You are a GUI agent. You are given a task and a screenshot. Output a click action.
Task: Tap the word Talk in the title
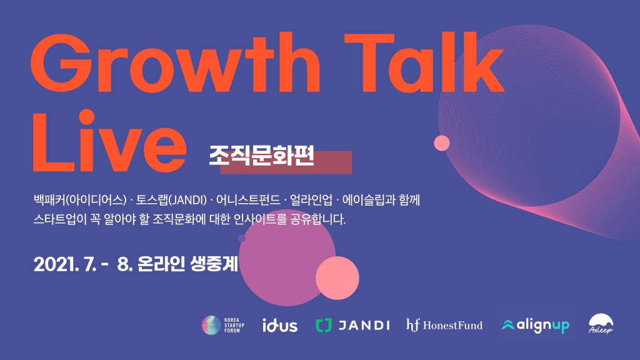click(x=424, y=62)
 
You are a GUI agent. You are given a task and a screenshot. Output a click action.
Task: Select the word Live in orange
click(x=109, y=141)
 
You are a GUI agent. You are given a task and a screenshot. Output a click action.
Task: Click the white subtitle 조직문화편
click(x=261, y=155)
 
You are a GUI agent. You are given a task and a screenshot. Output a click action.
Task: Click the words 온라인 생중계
click(x=187, y=264)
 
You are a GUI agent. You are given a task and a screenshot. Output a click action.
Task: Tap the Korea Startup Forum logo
click(x=223, y=325)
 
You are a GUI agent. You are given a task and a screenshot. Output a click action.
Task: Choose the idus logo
click(x=280, y=325)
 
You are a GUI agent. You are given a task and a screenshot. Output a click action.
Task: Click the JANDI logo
click(x=352, y=325)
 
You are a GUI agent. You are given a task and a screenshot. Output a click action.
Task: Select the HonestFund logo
click(x=444, y=325)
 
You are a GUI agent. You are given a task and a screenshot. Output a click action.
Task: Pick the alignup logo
click(x=536, y=325)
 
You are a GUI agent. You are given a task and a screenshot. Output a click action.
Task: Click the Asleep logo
click(x=601, y=324)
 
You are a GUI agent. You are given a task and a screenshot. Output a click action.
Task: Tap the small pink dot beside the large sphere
click(x=442, y=143)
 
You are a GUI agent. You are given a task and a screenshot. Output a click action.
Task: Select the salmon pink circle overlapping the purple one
click(x=337, y=278)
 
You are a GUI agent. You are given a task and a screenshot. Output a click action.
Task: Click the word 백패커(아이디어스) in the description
click(x=80, y=200)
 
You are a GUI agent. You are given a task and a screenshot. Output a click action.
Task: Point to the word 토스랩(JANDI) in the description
click(x=171, y=200)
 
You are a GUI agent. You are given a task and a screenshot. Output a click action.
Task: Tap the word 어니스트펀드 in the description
click(x=248, y=200)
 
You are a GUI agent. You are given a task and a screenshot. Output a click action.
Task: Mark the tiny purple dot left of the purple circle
click(x=242, y=238)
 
